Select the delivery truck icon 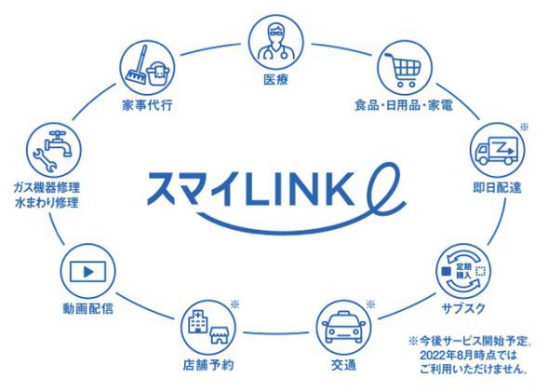pos(497,150)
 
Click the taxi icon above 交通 pos(343,327)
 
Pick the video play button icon pos(87,271)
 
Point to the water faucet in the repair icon pos(60,142)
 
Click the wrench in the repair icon pos(45,159)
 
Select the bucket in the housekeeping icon pos(158,74)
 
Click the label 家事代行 pos(147,105)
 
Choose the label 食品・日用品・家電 pos(403,105)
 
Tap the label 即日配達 pos(497,188)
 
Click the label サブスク pos(463,308)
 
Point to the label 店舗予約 pos(208,365)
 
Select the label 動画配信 pos(88,308)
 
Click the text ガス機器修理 pos(47,187)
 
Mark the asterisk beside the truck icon pos(524,127)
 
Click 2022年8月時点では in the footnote pos(468,356)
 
